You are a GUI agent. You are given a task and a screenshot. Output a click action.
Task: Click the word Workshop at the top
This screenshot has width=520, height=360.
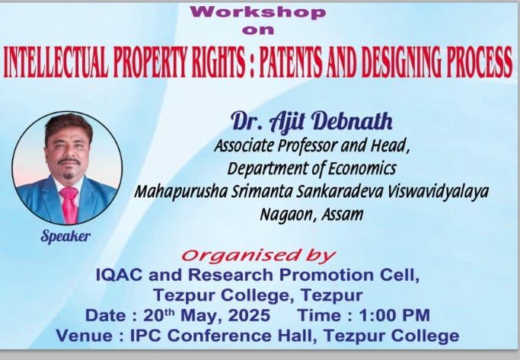pyautogui.click(x=258, y=13)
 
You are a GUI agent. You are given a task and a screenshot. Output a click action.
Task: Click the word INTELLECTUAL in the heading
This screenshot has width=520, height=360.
pyautogui.click(x=56, y=62)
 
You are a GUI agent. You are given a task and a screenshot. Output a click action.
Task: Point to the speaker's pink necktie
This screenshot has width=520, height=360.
pyautogui.click(x=69, y=204)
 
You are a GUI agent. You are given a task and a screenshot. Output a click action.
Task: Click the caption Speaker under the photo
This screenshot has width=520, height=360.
pyautogui.click(x=65, y=237)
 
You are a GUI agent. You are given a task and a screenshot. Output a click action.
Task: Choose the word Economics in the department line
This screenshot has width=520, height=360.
pyautogui.click(x=362, y=168)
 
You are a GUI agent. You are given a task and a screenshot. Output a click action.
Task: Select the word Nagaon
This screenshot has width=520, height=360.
pyautogui.click(x=286, y=215)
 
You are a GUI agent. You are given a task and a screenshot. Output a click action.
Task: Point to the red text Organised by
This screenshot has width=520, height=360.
pyautogui.click(x=259, y=256)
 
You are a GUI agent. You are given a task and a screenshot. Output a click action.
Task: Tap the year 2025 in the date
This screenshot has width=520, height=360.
pyautogui.click(x=249, y=315)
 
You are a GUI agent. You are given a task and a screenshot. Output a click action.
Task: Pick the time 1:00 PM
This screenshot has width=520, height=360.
pyautogui.click(x=394, y=315)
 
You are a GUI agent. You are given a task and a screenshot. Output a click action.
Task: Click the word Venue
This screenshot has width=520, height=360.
pyautogui.click(x=85, y=336)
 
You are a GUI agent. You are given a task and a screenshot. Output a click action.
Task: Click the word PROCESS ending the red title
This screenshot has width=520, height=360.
pyautogui.click(x=480, y=62)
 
